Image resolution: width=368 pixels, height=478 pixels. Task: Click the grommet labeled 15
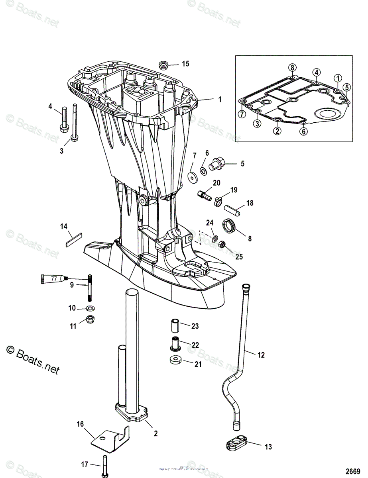pos(163,65)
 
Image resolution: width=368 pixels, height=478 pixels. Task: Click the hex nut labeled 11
pos(90,319)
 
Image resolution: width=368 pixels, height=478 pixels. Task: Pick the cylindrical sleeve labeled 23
pos(175,325)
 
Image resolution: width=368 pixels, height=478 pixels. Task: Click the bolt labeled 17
pos(104,467)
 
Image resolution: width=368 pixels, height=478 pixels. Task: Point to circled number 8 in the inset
pos(292,68)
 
